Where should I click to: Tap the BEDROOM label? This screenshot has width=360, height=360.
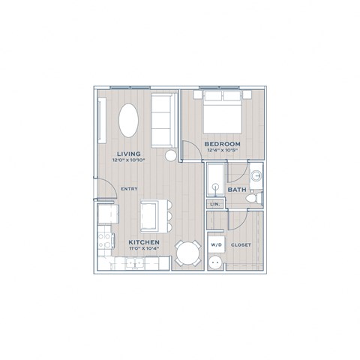(x=222, y=144)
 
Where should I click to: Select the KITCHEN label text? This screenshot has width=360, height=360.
(x=143, y=243)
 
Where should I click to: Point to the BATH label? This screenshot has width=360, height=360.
(x=237, y=190)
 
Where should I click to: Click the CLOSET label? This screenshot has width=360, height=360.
(x=241, y=245)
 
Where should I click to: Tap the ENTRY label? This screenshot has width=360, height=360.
(x=128, y=188)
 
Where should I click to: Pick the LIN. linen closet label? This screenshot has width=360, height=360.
(x=214, y=203)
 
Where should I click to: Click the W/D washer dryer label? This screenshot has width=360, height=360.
(x=216, y=245)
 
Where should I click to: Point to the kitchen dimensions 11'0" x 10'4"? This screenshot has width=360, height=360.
(x=143, y=250)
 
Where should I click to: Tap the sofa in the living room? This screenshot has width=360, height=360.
(x=162, y=119)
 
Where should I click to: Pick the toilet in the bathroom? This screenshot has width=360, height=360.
(x=254, y=199)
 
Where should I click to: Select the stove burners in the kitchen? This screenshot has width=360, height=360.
(x=104, y=240)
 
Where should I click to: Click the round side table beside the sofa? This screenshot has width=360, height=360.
(x=172, y=155)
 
